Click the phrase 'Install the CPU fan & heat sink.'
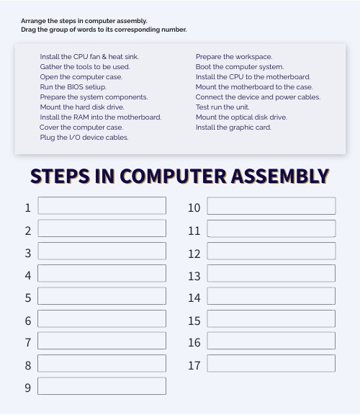(89, 56)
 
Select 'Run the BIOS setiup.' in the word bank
(73, 86)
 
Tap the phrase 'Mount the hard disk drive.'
(81, 107)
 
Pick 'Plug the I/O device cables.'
(84, 137)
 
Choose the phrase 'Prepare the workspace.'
(233, 56)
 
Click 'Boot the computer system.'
(239, 66)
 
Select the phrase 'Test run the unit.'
(222, 107)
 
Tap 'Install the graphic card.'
(233, 127)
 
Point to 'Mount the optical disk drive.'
(241, 117)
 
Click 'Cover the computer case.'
(81, 127)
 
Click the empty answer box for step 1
(102, 206)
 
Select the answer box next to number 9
(102, 386)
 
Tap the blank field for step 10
(271, 206)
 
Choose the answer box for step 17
(271, 364)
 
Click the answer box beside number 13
(271, 274)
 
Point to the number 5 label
(28, 298)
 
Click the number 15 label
(194, 321)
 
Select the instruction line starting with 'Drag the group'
(104, 30)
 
